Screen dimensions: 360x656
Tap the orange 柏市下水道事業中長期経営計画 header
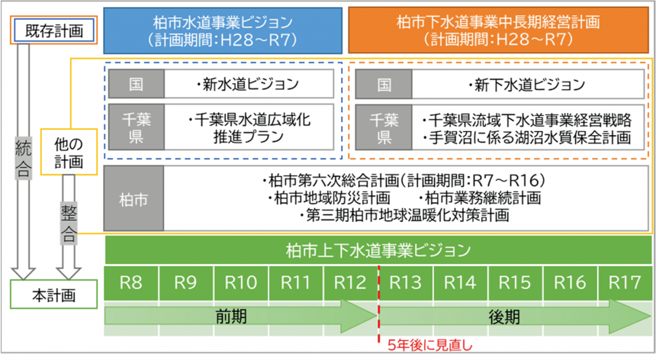pos(497,30)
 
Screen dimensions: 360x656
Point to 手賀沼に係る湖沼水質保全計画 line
pos(526,137)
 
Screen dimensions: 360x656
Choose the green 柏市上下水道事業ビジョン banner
pos(378,249)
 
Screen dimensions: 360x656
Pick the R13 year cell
pos(406,283)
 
